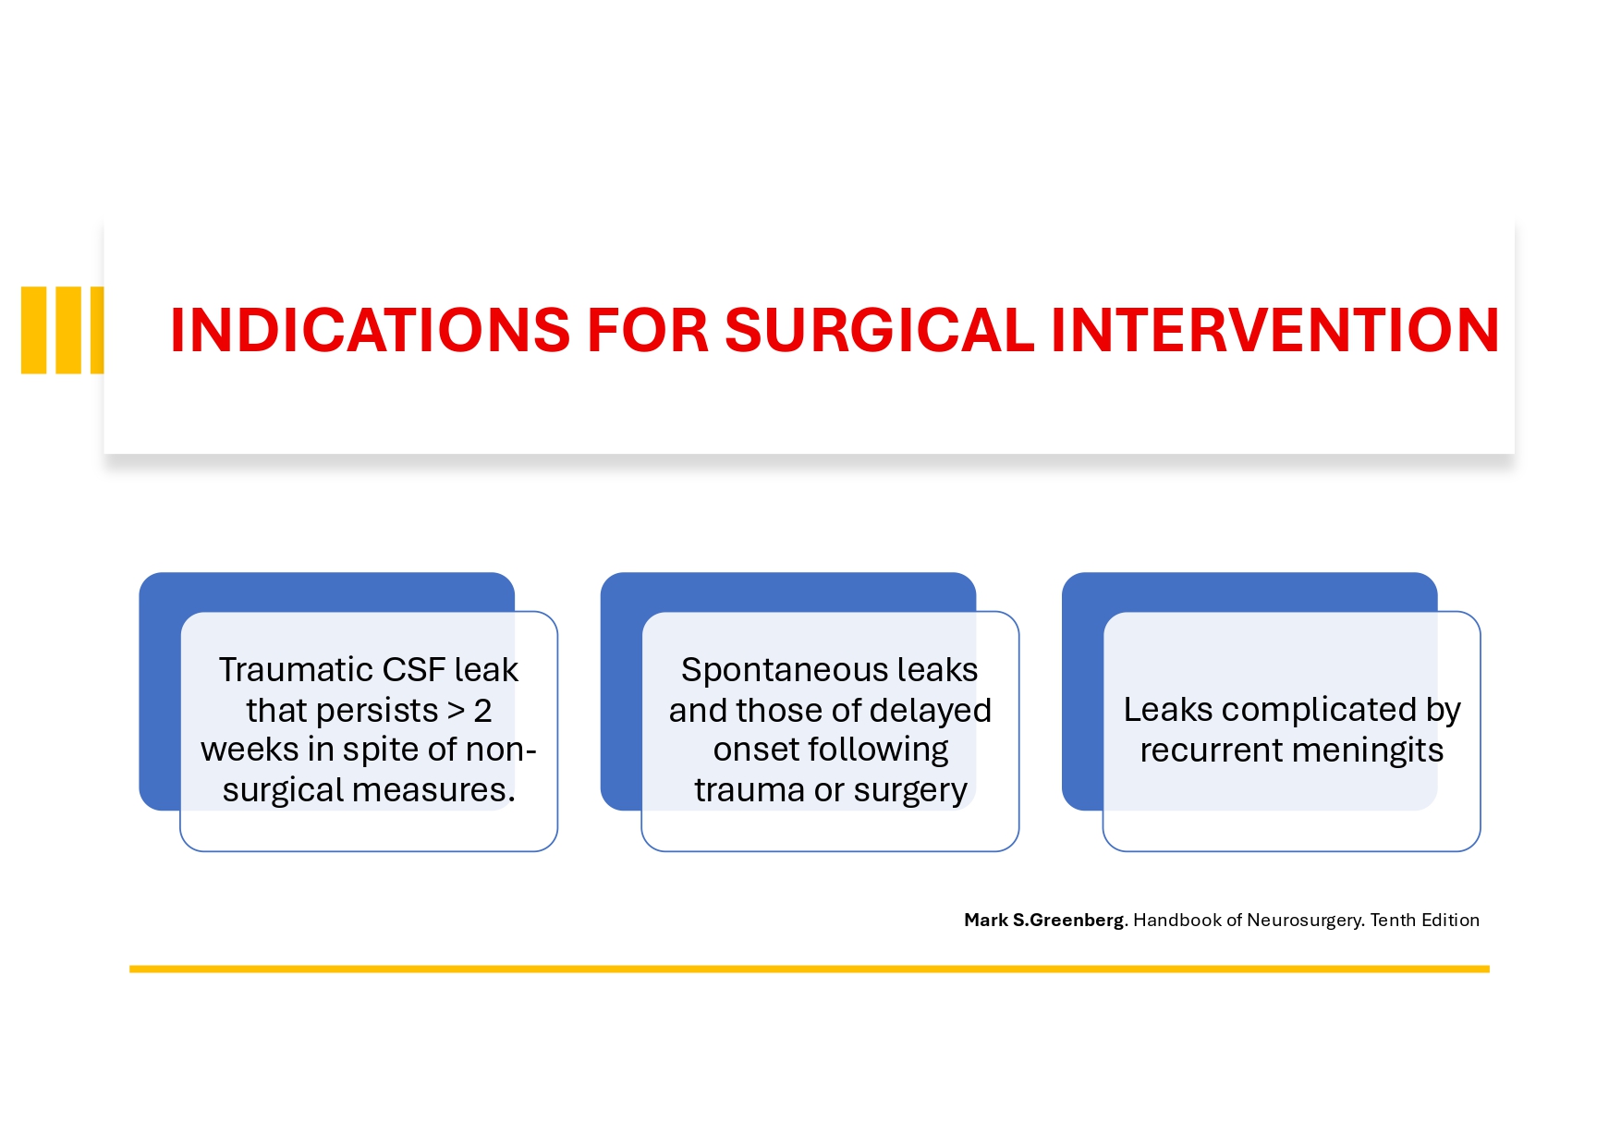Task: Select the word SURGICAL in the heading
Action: [879, 330]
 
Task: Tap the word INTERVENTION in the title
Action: [1275, 330]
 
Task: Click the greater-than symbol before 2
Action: [457, 711]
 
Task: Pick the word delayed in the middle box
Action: [934, 711]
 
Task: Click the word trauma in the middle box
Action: [750, 790]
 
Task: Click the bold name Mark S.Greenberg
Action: [1044, 921]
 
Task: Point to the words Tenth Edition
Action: [1424, 921]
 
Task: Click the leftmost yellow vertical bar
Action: [34, 330]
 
